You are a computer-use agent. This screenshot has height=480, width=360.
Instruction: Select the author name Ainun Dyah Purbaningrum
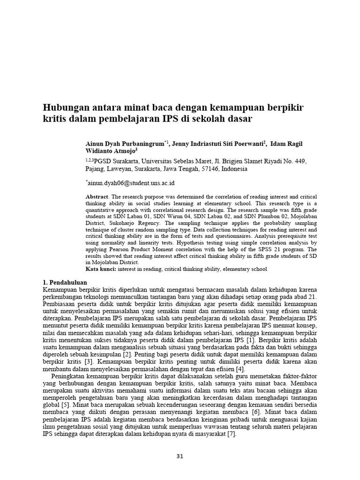pos(123,143)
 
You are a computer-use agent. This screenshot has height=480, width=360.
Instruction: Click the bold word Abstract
pos(97,196)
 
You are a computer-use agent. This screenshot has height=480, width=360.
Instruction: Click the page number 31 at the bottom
pos(180,456)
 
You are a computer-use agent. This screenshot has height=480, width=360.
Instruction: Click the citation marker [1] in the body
pos(250,339)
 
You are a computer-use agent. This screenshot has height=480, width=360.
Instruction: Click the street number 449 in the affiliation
pos(300,161)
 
